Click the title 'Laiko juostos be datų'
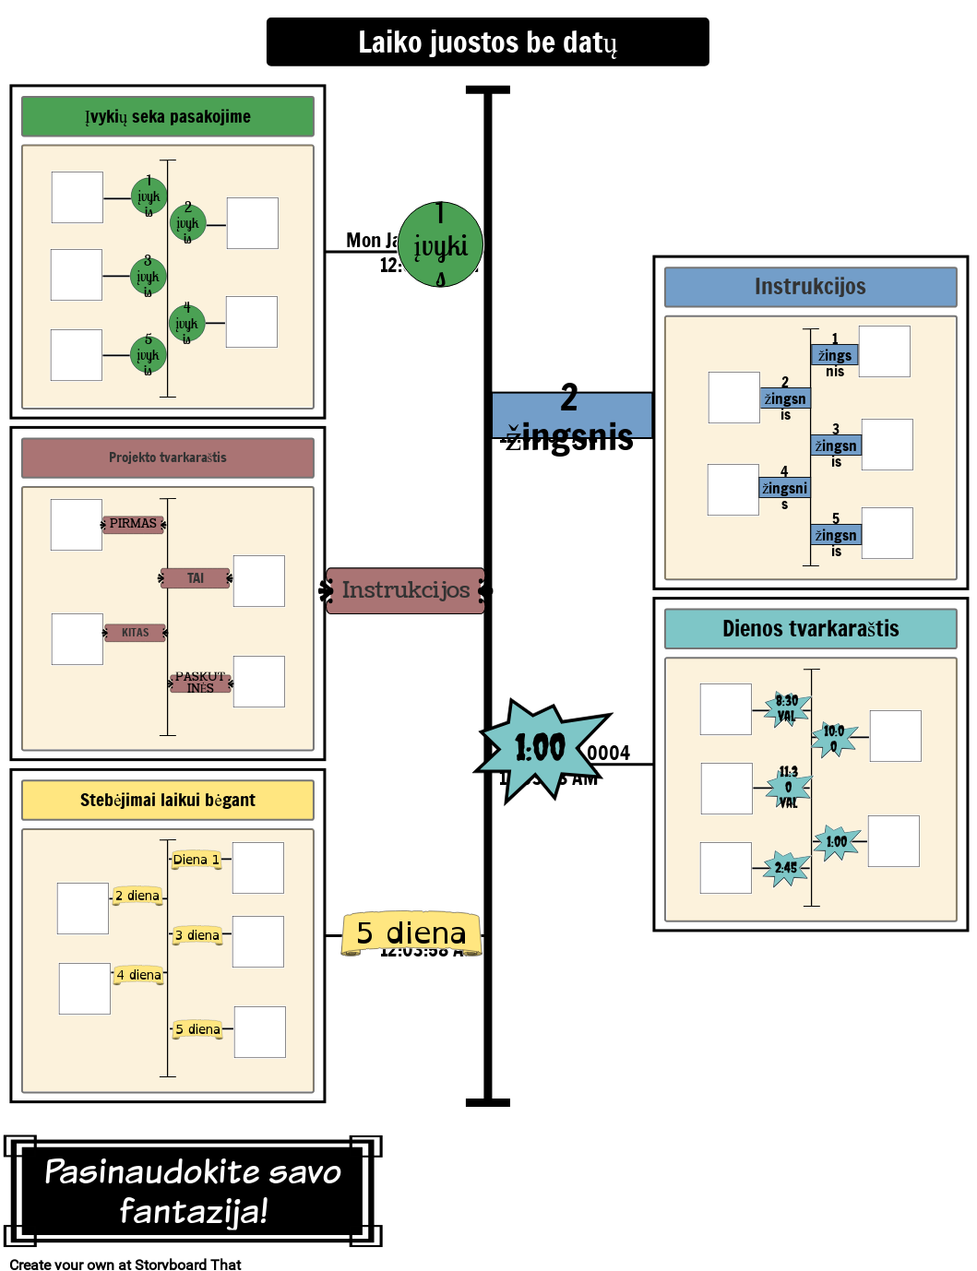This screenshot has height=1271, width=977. pos(487,42)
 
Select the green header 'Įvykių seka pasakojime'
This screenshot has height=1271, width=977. pos(168,117)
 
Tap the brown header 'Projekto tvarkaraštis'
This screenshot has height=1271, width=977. pos(168,457)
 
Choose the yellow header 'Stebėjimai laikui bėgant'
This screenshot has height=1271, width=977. pos(168,800)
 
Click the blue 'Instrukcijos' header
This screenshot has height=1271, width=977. pos(810,287)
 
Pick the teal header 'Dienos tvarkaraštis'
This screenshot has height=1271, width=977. pos(810,629)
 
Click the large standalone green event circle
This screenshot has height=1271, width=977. pos(440,244)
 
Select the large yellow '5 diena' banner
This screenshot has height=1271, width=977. pos(411,933)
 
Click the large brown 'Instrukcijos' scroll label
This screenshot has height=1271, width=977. pos(406,590)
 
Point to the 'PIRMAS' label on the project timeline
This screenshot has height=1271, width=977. pos(133,524)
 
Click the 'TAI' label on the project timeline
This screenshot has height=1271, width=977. pos(196,578)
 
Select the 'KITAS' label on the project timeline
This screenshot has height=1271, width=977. pos(135,633)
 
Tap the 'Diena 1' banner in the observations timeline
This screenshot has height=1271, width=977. pos(197,860)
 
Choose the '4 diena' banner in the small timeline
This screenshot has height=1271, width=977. pos(139,975)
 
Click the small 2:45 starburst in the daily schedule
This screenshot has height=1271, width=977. pos(786,868)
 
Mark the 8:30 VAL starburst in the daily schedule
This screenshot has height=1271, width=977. pos(787,708)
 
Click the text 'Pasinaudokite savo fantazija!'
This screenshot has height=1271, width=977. pos(193,1191)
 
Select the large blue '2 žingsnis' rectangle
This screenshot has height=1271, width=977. pos(572,416)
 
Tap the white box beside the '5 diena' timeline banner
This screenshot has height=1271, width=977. pos(260,1031)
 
